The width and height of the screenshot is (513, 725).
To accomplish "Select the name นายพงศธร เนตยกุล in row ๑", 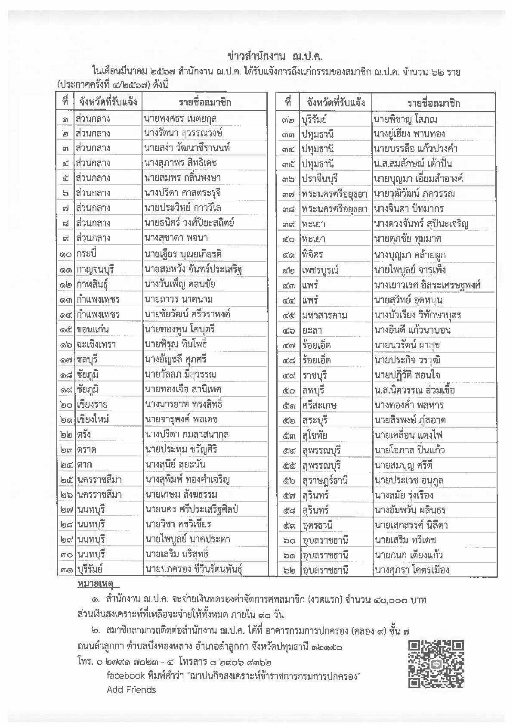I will [181, 118].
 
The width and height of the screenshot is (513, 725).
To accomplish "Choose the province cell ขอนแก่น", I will [93, 329].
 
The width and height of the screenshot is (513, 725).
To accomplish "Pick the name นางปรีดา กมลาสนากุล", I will [187, 434].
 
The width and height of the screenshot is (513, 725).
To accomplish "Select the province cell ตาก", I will [85, 464].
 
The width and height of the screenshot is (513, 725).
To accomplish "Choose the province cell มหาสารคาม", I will [325, 315].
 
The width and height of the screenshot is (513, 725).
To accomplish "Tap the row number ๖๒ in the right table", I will [289, 570].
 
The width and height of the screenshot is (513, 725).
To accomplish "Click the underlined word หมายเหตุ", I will [95, 584].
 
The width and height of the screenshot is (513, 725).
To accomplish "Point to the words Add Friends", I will [131, 690].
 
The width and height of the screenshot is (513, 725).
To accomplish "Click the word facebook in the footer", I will [125, 675].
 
